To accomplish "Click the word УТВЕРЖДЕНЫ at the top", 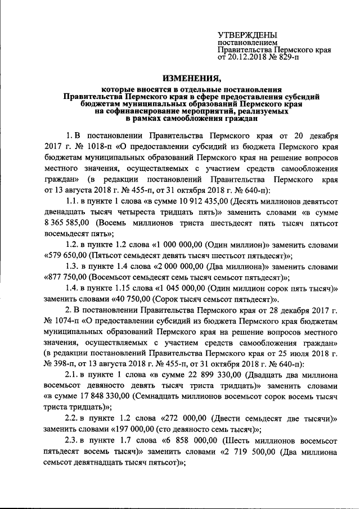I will pos(247,35).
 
